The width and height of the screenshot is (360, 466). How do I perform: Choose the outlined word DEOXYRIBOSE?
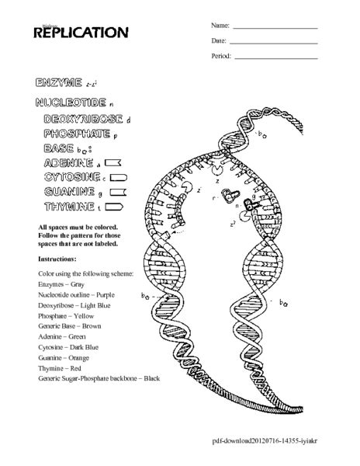pyautogui.click(x=84, y=119)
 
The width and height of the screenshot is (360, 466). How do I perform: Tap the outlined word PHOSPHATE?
pyautogui.click(x=78, y=134)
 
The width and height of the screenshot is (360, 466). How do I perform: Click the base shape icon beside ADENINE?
pyautogui.click(x=113, y=163)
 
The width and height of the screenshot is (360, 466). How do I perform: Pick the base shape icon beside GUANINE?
pyautogui.click(x=117, y=193)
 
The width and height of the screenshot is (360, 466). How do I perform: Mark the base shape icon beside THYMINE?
pyautogui.click(x=114, y=207)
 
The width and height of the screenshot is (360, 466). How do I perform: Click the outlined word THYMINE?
pyautogui.click(x=70, y=207)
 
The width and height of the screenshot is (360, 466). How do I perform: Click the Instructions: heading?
pyautogui.click(x=57, y=258)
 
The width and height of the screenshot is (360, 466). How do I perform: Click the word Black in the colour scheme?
pyautogui.click(x=151, y=378)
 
